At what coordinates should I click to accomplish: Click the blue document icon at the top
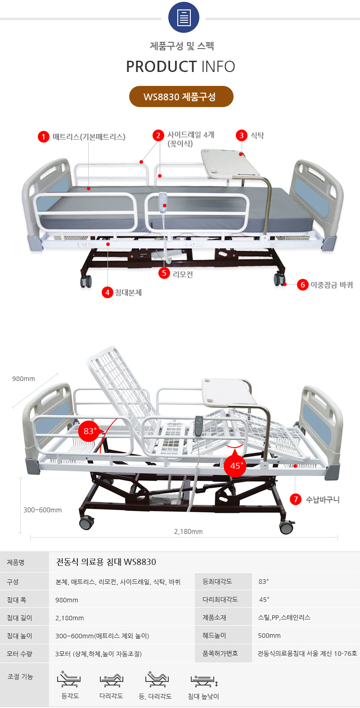tap(184, 18)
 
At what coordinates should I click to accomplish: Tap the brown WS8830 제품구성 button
tap(181, 97)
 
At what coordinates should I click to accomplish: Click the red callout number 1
tap(43, 137)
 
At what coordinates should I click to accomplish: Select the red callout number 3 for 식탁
tap(242, 135)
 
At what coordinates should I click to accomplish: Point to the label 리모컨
tap(183, 274)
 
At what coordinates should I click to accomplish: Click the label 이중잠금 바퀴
tap(332, 285)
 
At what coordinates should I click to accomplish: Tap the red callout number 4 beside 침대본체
tap(107, 292)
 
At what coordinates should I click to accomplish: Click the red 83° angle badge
tap(89, 431)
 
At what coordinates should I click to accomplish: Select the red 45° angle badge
tap(235, 466)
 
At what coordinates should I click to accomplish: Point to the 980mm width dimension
tap(23, 379)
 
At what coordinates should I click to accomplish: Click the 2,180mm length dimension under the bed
tap(188, 532)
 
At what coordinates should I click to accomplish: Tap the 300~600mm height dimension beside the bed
tap(42, 510)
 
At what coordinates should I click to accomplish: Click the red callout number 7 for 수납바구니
tap(296, 499)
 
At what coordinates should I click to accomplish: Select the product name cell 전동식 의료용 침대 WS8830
tap(106, 562)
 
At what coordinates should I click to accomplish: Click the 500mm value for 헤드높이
tap(270, 636)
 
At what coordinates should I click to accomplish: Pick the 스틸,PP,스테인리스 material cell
tap(284, 618)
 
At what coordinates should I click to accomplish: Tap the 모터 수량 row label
tap(19, 654)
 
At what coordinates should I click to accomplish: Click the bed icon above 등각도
tap(69, 679)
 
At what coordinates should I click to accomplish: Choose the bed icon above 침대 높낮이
tap(204, 680)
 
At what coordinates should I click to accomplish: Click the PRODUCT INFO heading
tap(180, 67)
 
